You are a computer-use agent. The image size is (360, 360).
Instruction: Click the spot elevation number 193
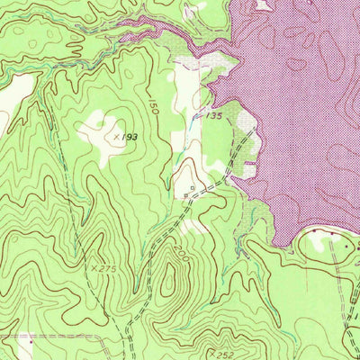(132, 135)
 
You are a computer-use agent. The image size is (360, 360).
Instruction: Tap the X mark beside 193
(117, 136)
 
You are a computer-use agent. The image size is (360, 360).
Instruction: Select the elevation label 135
(213, 116)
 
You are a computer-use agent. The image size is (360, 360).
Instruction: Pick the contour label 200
(184, 257)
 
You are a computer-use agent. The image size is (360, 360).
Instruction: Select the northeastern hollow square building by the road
(190, 189)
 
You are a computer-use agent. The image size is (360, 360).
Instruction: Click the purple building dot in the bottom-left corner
(31, 341)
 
